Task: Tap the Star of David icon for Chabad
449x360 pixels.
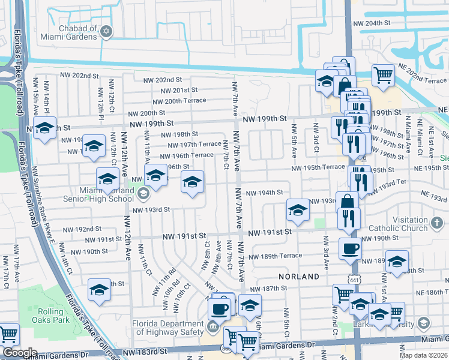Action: tap(107, 32)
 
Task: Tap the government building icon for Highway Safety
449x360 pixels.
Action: tap(212, 327)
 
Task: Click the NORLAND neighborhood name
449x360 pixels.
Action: tap(298, 277)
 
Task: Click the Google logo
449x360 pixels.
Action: tap(19, 353)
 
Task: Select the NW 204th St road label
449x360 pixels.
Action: tap(372, 23)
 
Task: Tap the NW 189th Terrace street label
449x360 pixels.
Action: tap(274, 256)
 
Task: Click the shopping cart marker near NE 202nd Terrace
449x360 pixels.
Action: tap(383, 75)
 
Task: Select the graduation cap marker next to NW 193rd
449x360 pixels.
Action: tap(297, 209)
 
